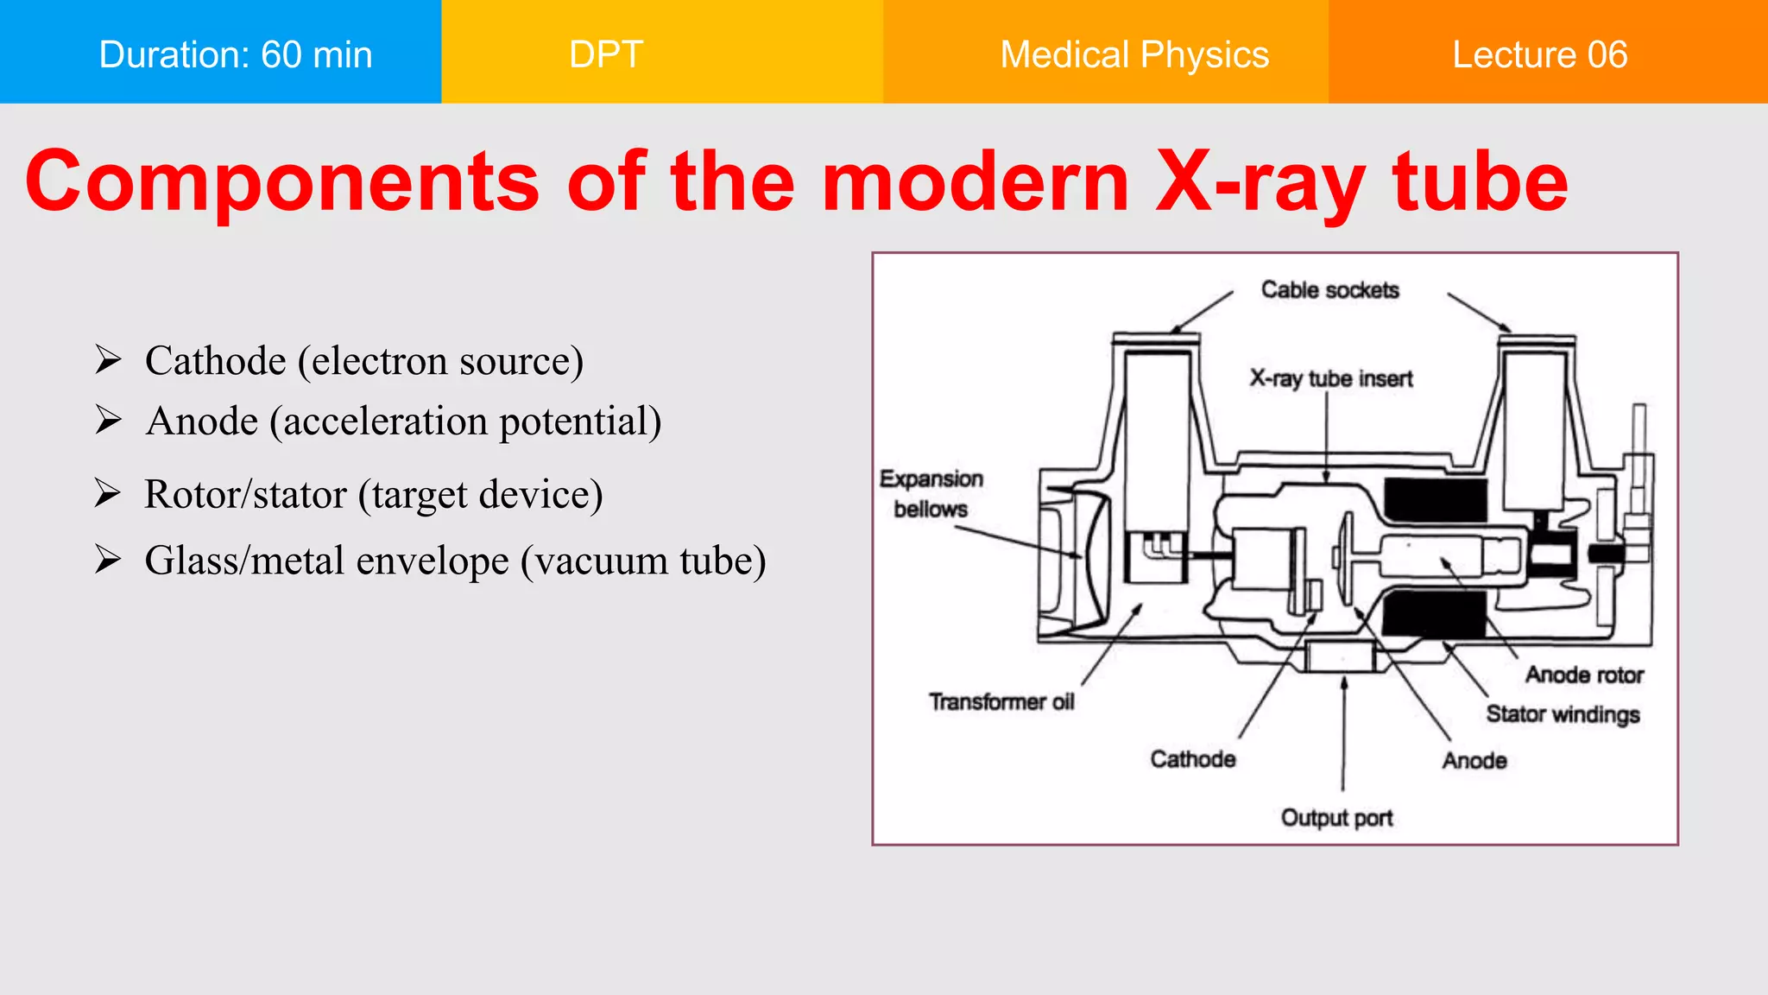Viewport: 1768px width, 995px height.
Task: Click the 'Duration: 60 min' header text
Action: (235, 54)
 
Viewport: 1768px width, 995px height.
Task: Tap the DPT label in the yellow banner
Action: (606, 54)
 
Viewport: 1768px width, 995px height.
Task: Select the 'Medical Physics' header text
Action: (1133, 54)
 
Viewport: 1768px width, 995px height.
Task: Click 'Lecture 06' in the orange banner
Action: (1539, 54)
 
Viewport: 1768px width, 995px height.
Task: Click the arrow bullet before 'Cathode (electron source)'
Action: (108, 359)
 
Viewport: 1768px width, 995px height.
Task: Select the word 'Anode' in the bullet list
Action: (202, 421)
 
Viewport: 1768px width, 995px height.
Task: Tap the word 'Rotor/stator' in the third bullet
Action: (245, 495)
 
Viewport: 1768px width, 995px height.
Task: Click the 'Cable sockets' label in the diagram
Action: (1329, 290)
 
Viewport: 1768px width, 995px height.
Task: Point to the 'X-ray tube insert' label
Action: (1330, 378)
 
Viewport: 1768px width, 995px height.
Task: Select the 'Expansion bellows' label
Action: (931, 494)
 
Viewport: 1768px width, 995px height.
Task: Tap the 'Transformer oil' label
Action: (1001, 702)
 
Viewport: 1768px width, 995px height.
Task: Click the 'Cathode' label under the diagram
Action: (1192, 759)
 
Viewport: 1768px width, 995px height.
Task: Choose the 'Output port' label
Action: (1336, 818)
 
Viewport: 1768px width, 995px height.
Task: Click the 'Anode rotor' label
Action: (1584, 675)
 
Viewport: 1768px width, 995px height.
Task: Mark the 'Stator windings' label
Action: (1563, 714)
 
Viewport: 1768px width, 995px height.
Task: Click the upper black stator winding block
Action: (1435, 500)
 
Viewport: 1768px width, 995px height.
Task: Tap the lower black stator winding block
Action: (1433, 614)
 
